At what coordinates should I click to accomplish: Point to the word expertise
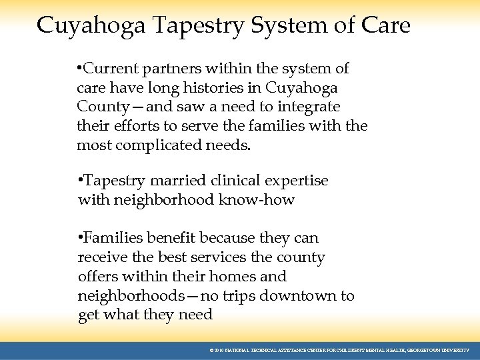coord(297,181)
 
